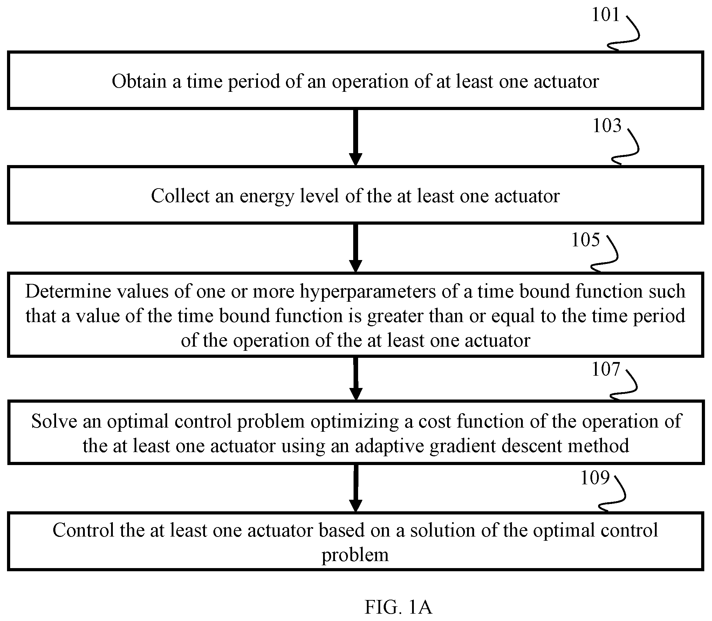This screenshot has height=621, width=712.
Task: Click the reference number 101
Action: point(606,15)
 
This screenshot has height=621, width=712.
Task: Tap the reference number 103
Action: point(607,125)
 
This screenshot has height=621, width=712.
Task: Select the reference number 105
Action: point(586,240)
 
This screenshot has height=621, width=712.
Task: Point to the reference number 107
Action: point(606,369)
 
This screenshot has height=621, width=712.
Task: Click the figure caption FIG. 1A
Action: point(398,607)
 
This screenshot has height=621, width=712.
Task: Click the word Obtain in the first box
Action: point(139,81)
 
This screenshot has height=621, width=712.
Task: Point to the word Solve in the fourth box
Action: point(54,421)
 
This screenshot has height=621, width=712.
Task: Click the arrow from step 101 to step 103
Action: point(355,137)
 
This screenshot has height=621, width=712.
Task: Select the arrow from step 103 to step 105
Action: point(355,248)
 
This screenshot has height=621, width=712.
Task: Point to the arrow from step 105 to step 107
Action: point(356,378)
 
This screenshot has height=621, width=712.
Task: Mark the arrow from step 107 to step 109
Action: point(356,488)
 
